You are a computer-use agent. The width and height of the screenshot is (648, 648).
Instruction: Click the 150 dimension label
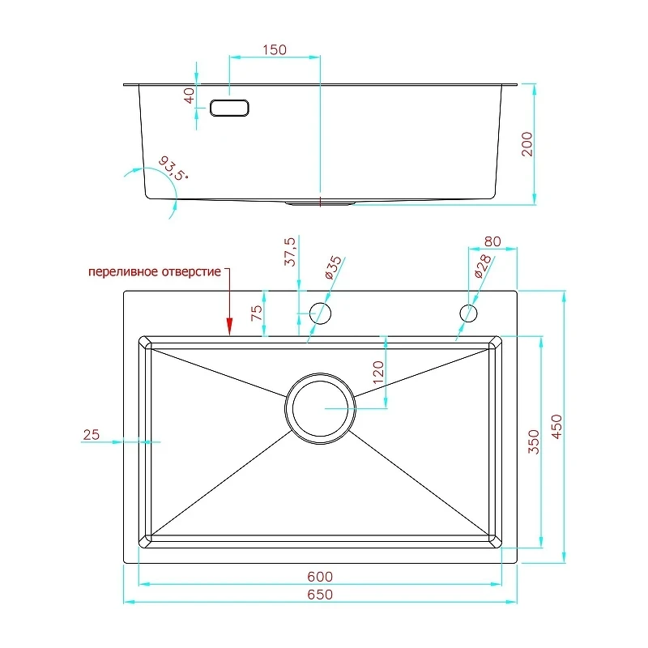tap(275, 49)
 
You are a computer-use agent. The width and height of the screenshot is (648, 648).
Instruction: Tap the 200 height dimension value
tap(527, 144)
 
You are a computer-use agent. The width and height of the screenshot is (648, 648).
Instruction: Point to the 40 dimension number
tap(189, 96)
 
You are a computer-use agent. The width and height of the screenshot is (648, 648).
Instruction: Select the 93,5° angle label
tap(173, 168)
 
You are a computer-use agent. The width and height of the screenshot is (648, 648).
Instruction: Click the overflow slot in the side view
tap(229, 108)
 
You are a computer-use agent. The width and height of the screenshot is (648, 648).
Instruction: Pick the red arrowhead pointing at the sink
tap(229, 326)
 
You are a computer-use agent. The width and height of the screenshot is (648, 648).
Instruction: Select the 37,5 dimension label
tap(290, 251)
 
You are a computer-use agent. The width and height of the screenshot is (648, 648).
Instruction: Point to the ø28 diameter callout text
tap(483, 266)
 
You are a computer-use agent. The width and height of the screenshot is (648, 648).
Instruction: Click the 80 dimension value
tap(492, 241)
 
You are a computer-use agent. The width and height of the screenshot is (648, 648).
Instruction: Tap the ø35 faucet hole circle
tap(320, 313)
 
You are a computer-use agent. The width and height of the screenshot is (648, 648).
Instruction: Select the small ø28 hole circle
tap(468, 313)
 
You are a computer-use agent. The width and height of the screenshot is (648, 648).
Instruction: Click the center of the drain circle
tap(320, 408)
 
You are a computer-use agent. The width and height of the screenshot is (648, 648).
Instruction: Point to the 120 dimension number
tap(378, 373)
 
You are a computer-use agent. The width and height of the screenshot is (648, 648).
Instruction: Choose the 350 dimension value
tap(534, 441)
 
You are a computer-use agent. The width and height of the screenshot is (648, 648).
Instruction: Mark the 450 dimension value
tap(556, 427)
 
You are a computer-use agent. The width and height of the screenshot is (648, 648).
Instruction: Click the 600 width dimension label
tap(320, 577)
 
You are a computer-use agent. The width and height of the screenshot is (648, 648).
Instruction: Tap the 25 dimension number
tap(92, 435)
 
